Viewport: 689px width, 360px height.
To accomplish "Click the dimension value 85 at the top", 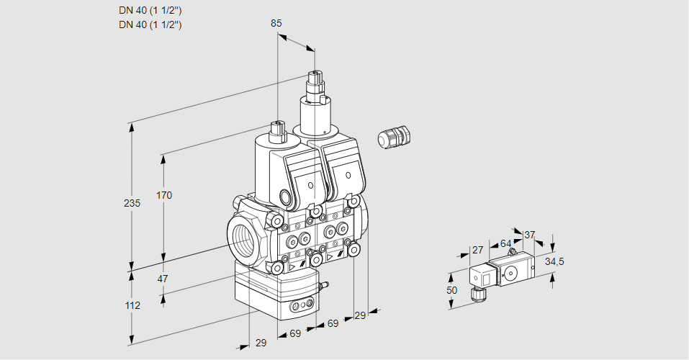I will coord(276,23).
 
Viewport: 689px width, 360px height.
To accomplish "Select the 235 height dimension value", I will coord(132,203).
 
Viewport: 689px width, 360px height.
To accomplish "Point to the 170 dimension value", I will coord(164,195).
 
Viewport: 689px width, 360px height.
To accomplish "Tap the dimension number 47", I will coord(163,279).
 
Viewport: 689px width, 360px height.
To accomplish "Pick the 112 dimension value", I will coord(132,305).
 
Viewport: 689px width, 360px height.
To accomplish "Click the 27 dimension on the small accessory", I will coord(477,250).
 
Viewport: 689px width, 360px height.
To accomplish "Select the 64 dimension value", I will coord(505,243).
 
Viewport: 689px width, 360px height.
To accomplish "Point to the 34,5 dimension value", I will coord(554,261).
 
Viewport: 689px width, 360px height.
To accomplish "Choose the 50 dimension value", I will coord(451,289).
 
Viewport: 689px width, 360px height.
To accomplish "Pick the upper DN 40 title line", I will coord(150,10).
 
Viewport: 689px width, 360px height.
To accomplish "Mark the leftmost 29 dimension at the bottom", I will coord(261,343).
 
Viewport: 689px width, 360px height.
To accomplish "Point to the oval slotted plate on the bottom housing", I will coord(301,307).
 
